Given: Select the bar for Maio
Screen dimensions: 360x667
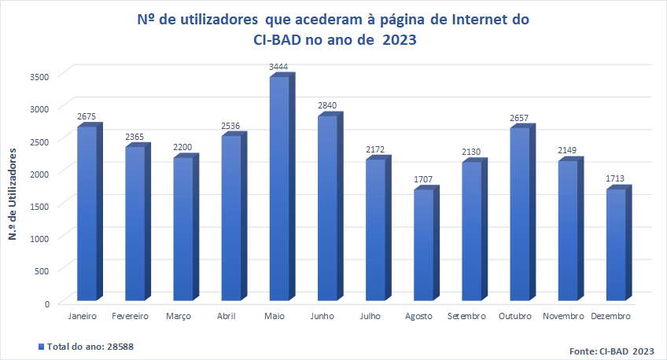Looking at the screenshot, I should (x=279, y=189).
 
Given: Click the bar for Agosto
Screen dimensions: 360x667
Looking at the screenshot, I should (x=423, y=244).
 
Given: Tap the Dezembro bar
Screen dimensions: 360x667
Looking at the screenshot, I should (x=616, y=244).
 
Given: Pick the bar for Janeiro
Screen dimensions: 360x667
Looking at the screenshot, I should (x=87, y=213).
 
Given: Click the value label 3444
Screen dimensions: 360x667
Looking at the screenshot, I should (x=278, y=68).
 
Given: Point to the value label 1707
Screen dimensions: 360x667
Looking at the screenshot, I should (x=423, y=180).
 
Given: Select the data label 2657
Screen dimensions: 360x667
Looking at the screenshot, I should (x=519, y=119).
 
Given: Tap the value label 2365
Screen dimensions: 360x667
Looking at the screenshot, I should (x=135, y=138).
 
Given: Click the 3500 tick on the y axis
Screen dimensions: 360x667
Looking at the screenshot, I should (x=40, y=76).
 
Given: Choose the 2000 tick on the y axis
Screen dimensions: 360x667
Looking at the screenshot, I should (x=40, y=174).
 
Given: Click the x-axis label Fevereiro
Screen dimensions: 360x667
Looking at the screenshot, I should (x=131, y=316).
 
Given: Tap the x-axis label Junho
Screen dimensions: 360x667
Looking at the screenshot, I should (x=322, y=316).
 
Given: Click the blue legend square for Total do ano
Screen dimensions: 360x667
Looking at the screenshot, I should (x=41, y=346).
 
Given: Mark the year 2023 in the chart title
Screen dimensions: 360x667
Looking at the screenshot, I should (x=399, y=41).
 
